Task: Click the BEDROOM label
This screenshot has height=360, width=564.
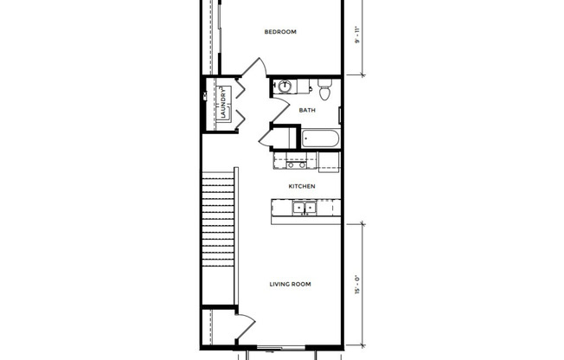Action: tap(279, 32)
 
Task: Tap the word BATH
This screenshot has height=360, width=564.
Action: tap(307, 111)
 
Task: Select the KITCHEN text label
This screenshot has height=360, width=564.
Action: tap(301, 186)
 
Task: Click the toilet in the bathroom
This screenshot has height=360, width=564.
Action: tap(324, 89)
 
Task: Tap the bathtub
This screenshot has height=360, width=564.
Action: tap(321, 138)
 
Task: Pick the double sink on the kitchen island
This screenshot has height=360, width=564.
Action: tap(304, 208)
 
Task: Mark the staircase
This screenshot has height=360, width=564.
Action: tap(219, 234)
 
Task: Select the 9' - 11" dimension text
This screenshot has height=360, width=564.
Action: tap(356, 37)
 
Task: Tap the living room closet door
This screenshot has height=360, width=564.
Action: tap(246, 327)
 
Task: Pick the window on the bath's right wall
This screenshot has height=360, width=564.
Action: tap(341, 113)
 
